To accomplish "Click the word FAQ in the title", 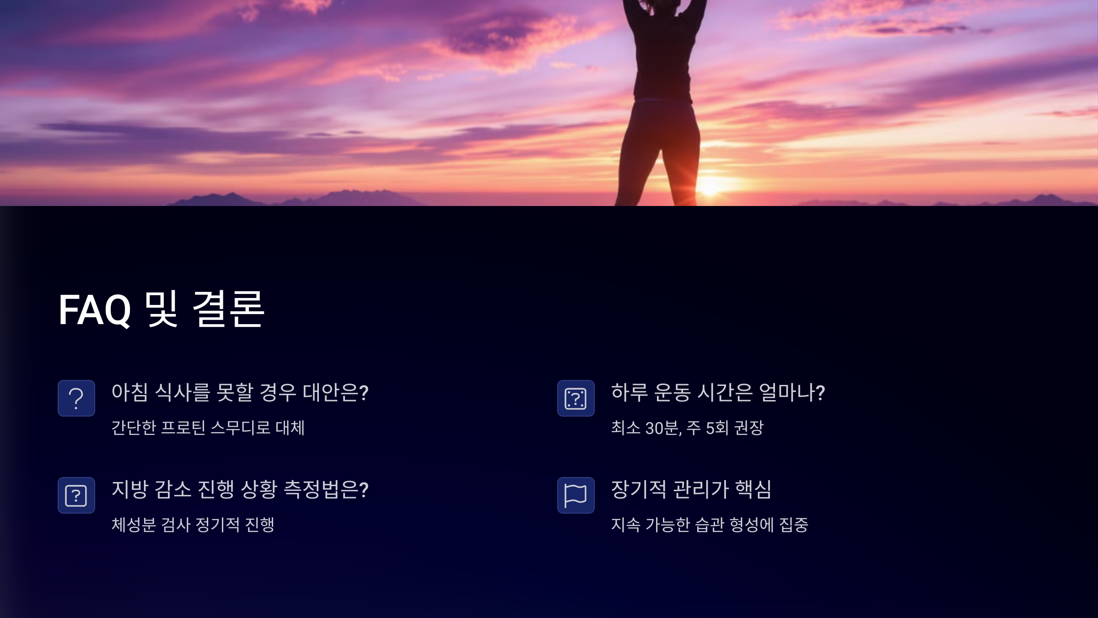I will pos(95,310).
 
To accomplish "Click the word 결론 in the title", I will pos(228,310).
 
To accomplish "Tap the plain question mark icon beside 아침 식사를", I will pos(76,398).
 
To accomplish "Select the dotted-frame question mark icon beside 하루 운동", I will pos(576,398).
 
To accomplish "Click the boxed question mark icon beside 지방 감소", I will pos(76,495).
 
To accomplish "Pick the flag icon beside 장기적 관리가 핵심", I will pos(576,495).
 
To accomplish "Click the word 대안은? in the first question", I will pos(336,392).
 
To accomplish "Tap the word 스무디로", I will pos(240,428).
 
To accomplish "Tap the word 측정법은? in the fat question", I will pos(326,489).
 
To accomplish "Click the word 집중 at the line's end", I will pos(794,525).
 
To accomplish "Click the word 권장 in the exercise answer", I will pos(749,428).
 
